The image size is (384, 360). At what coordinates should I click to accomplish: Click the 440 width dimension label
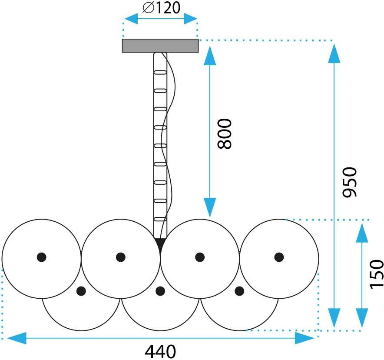[160, 351]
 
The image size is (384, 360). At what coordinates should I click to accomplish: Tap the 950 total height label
[350, 182]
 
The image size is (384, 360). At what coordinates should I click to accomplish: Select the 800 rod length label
[224, 134]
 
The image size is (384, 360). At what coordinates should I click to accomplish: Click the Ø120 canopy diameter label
[162, 7]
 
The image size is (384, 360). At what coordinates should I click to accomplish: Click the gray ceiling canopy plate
[160, 46]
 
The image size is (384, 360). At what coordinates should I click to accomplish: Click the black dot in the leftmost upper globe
[42, 257]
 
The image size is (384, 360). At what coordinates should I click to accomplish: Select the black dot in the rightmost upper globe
[279, 257]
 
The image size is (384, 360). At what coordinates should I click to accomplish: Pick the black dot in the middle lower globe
[160, 291]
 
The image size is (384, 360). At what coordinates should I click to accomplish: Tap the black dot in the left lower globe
[81, 291]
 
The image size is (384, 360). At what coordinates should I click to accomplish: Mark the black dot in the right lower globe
[239, 291]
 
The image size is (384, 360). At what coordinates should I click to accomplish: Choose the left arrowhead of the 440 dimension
[17, 338]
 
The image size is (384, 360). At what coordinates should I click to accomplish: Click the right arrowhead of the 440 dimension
[305, 338]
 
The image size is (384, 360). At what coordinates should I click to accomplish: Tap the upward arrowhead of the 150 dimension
[362, 233]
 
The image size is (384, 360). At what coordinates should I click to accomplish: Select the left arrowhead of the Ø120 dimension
[131, 19]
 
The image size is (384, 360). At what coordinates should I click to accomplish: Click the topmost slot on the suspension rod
[160, 72]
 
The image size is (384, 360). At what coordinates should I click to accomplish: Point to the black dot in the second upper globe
[120, 257]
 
